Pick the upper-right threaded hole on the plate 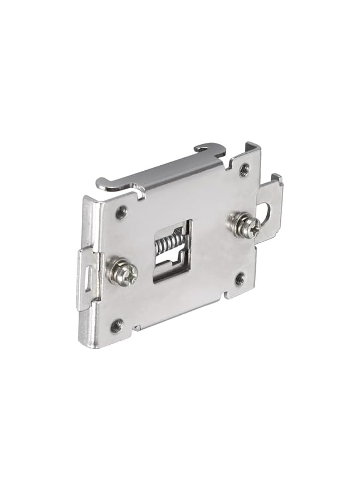[244, 169]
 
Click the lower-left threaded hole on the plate [116, 327]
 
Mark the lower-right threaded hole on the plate [239, 280]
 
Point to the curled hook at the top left [109, 184]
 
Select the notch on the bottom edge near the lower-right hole [225, 295]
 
